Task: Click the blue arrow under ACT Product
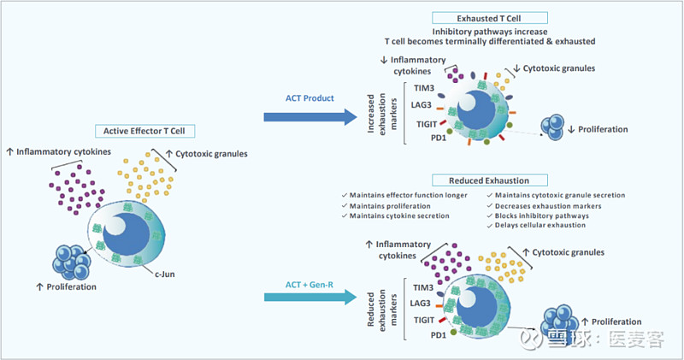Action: pyautogui.click(x=309, y=116)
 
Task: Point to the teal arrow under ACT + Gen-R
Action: pyautogui.click(x=309, y=298)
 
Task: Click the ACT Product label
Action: pyautogui.click(x=310, y=97)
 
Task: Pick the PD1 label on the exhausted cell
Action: pyautogui.click(x=425, y=138)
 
